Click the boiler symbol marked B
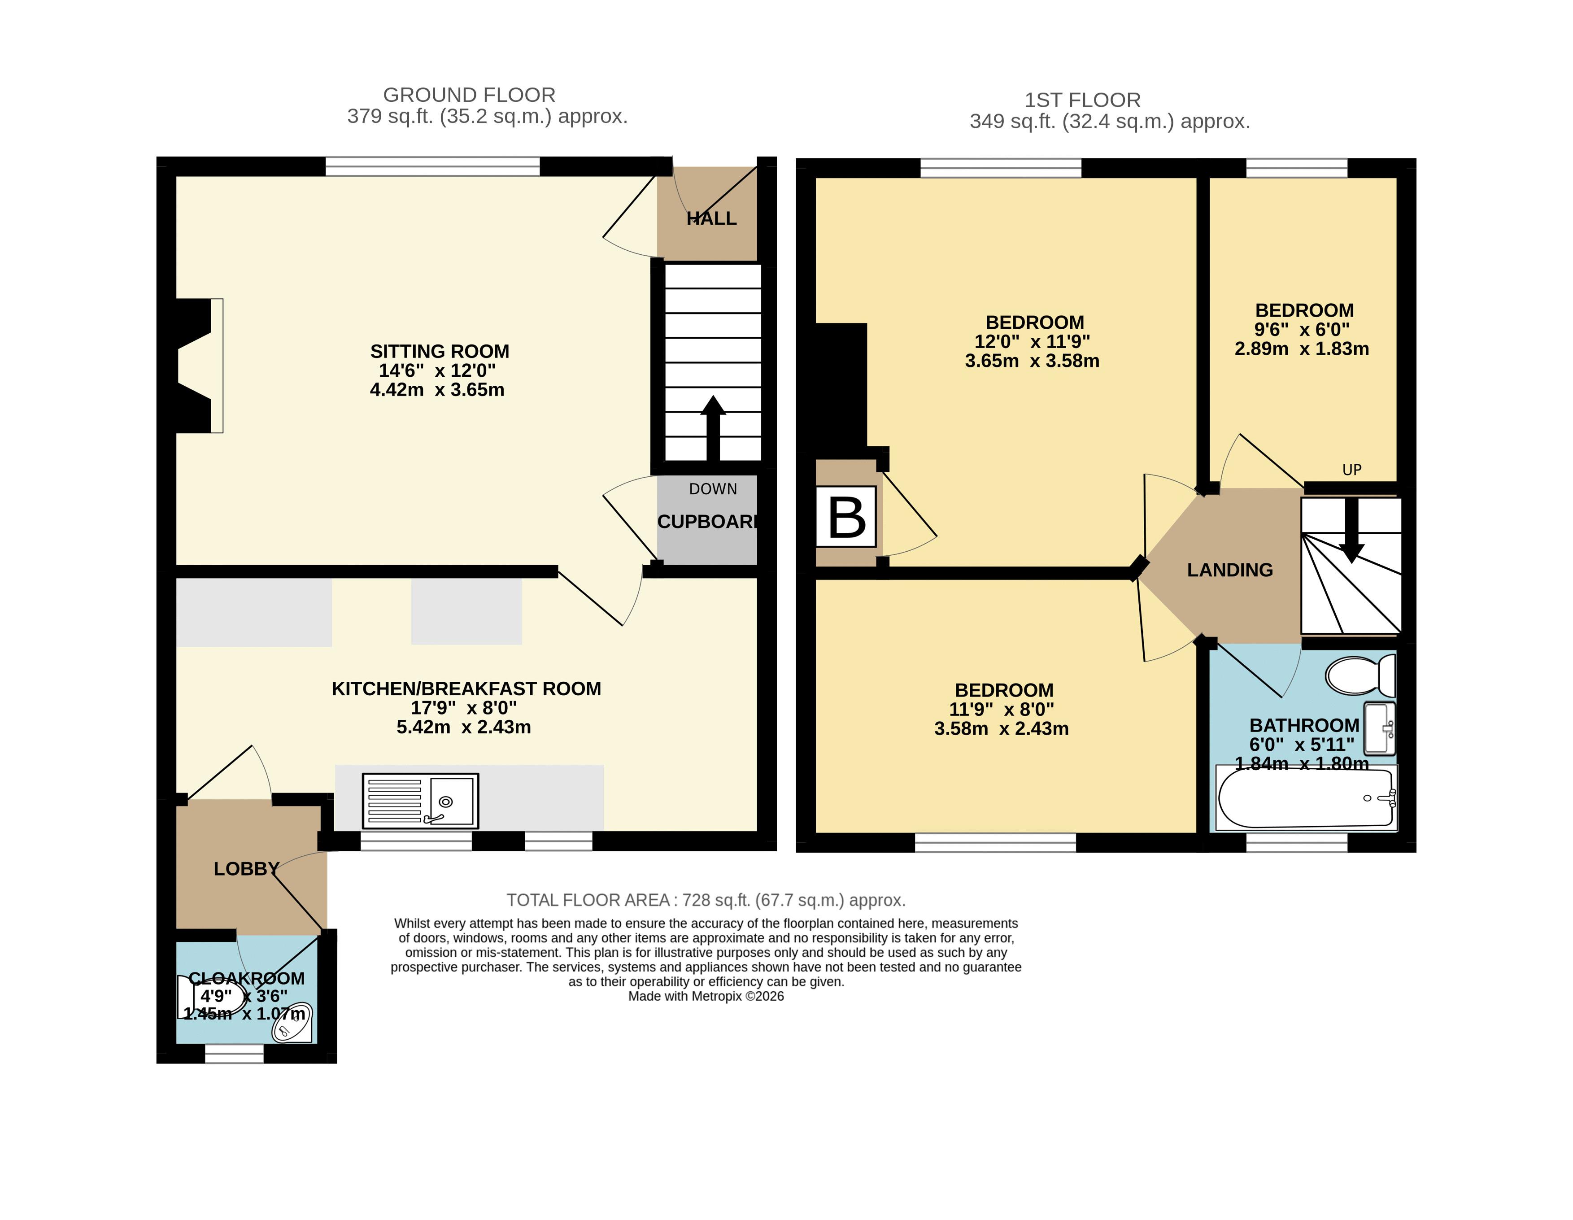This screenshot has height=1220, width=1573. pos(846,516)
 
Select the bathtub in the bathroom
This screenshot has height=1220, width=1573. pos(1305,798)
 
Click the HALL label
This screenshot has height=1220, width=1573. pos(711,218)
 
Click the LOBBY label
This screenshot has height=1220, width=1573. pos(246,868)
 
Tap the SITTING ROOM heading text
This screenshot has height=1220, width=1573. pos(440,352)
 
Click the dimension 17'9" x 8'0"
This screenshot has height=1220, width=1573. pos(464,708)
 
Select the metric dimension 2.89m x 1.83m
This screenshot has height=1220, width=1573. pos(1302,349)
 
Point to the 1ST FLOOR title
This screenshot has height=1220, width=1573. pos(1082,100)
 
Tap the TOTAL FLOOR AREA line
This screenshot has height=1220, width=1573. pos(706,900)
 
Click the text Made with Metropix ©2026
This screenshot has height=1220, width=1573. pos(706,997)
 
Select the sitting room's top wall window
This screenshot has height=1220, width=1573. pos(433,166)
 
